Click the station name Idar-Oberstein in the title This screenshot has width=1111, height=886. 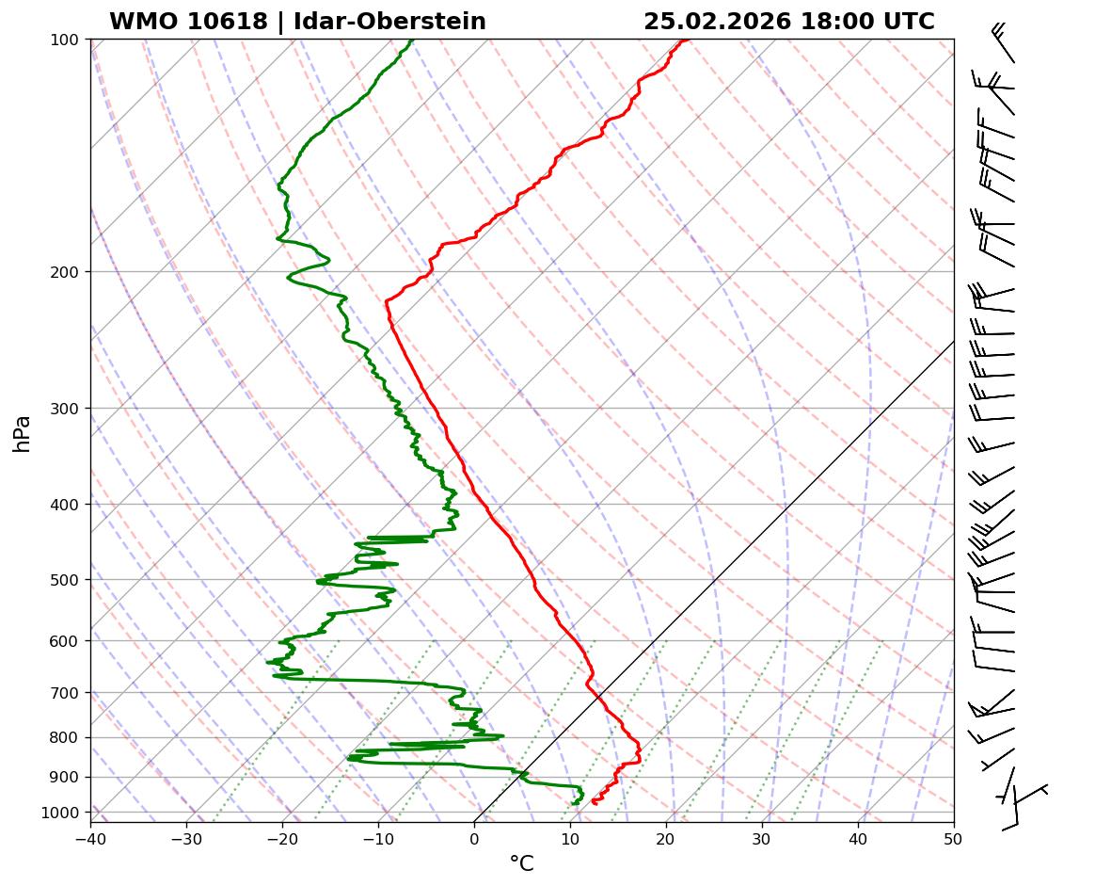[x=389, y=22]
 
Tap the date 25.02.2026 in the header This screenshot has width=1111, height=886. [x=718, y=22]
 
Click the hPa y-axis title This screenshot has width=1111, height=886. [x=22, y=433]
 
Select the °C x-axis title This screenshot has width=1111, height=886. [x=521, y=864]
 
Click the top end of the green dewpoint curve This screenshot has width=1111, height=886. [x=412, y=40]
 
